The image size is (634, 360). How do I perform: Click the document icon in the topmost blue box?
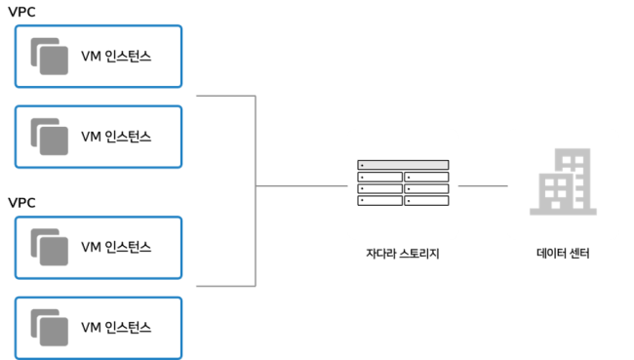click(50, 57)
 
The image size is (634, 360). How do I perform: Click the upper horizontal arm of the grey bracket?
click(224, 97)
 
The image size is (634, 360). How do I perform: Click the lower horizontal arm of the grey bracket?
click(224, 286)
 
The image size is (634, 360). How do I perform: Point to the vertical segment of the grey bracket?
click(256, 146)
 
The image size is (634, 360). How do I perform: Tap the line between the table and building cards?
click(483, 184)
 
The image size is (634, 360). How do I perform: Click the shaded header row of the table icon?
click(403, 165)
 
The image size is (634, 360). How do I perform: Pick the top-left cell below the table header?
click(380, 177)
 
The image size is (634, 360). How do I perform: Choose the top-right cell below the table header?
click(426, 177)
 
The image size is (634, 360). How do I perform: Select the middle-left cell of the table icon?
click(380, 188)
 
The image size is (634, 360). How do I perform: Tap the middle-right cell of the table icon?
click(426, 188)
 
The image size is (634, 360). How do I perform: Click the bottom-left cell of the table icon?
click(380, 200)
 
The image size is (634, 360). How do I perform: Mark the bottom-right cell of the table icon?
click(426, 200)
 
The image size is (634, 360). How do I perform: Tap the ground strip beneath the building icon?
click(563, 211)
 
